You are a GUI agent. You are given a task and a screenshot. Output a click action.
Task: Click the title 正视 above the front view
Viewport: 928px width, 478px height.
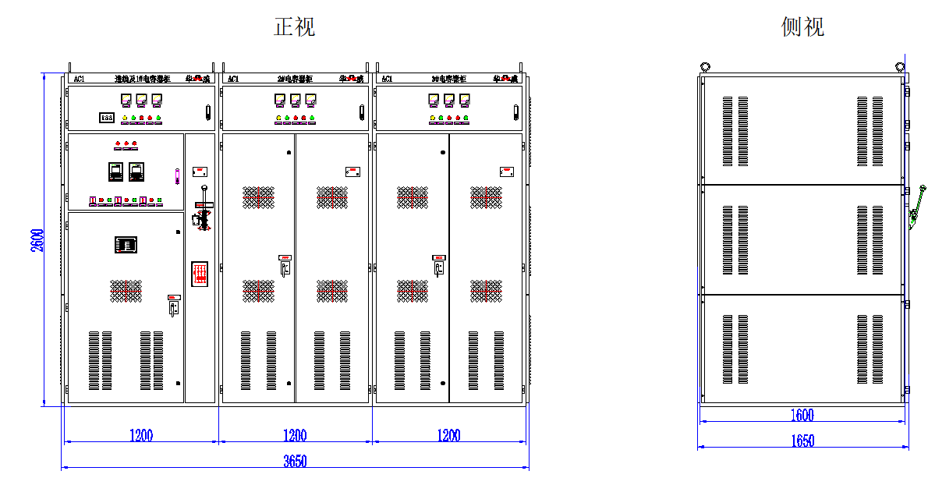click(x=295, y=27)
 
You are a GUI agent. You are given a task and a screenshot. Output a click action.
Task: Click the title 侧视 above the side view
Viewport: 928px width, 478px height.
click(x=802, y=27)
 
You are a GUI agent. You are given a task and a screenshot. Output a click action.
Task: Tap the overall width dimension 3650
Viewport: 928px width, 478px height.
click(x=295, y=461)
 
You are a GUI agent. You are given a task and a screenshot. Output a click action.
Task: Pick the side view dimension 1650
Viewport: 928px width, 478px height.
click(x=802, y=441)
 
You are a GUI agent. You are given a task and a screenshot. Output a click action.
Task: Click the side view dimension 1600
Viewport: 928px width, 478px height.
click(x=802, y=416)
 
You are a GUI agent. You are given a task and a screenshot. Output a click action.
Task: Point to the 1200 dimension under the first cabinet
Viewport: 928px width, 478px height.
click(x=141, y=435)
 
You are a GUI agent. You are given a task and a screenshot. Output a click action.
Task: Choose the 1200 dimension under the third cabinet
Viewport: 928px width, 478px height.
click(x=449, y=435)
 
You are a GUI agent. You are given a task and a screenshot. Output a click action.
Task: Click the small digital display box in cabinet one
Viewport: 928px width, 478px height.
click(x=107, y=118)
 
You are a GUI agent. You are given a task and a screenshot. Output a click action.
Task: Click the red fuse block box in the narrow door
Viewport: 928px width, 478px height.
click(x=200, y=273)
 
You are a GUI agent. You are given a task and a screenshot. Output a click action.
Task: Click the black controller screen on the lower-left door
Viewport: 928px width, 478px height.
click(x=126, y=244)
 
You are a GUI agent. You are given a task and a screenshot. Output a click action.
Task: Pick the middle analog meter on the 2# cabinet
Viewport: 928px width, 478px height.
click(x=295, y=99)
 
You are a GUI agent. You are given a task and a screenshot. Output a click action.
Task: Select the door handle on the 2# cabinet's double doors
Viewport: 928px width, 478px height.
click(x=285, y=266)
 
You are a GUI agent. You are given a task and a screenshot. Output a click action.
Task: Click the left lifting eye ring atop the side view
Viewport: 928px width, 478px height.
click(x=705, y=67)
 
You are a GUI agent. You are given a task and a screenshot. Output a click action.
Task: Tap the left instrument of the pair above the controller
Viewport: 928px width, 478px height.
click(x=115, y=171)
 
